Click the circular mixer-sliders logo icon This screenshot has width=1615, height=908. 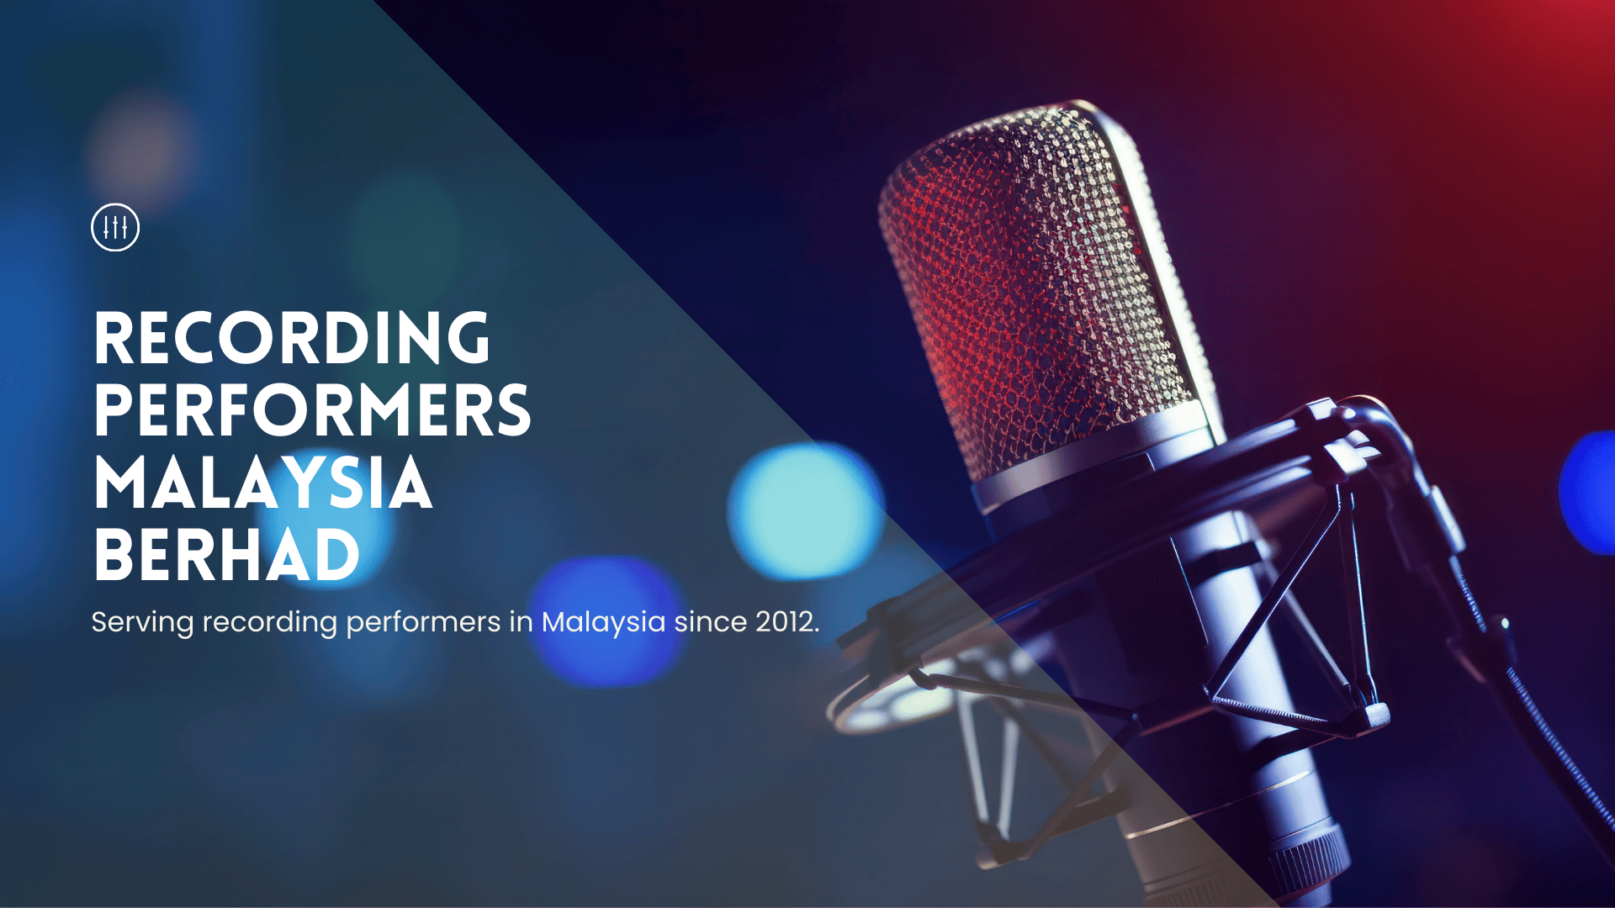[x=115, y=227]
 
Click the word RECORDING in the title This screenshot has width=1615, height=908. [x=292, y=338]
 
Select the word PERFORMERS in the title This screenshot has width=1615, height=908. [x=312, y=410]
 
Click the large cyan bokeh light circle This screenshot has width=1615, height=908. [x=806, y=511]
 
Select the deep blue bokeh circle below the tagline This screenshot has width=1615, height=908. [x=607, y=620]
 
